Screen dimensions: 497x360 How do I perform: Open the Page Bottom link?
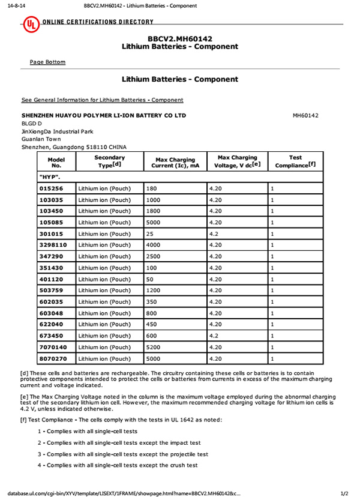tap(47, 62)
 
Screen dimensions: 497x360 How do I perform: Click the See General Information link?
tap(102, 100)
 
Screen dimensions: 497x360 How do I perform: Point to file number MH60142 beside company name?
tap(305, 115)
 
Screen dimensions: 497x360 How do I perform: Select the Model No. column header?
tap(56, 161)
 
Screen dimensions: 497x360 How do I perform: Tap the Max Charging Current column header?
tap(175, 163)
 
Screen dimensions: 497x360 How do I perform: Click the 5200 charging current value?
tap(154, 348)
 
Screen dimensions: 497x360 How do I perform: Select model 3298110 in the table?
tap(53, 245)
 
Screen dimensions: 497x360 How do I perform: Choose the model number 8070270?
tap(53, 359)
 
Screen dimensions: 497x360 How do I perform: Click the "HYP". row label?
tap(50, 177)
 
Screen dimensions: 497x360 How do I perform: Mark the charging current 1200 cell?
tap(154, 291)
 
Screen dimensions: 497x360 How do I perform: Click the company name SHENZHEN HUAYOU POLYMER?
tap(103, 115)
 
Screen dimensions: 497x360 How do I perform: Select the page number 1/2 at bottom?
tap(344, 493)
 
